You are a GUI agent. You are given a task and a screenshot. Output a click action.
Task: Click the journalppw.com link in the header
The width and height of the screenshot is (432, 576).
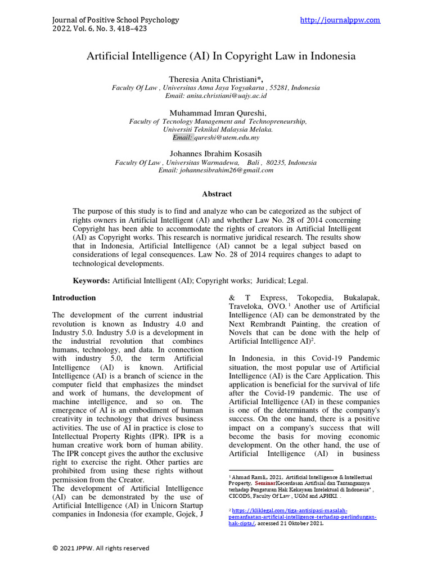point(340,20)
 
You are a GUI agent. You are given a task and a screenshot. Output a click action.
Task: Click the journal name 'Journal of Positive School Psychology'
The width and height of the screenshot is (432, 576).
point(115,20)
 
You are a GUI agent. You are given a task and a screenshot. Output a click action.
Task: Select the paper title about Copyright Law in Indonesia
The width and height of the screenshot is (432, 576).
point(220,56)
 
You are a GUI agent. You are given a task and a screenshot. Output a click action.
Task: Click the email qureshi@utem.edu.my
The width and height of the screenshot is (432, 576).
point(227,137)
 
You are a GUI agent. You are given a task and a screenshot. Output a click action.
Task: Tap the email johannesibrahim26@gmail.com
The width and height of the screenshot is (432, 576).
point(215,170)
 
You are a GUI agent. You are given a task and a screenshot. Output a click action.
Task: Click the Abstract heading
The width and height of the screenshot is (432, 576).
point(217,194)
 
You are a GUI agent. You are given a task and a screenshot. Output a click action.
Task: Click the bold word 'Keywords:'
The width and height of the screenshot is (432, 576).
point(92,280)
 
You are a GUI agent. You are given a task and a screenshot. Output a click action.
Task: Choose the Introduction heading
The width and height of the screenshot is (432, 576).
point(74,298)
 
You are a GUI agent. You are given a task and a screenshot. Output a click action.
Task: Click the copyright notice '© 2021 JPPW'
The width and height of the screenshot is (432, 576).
point(101,548)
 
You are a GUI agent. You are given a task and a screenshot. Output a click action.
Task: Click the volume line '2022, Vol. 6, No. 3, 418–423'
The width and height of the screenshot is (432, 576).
point(100,29)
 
